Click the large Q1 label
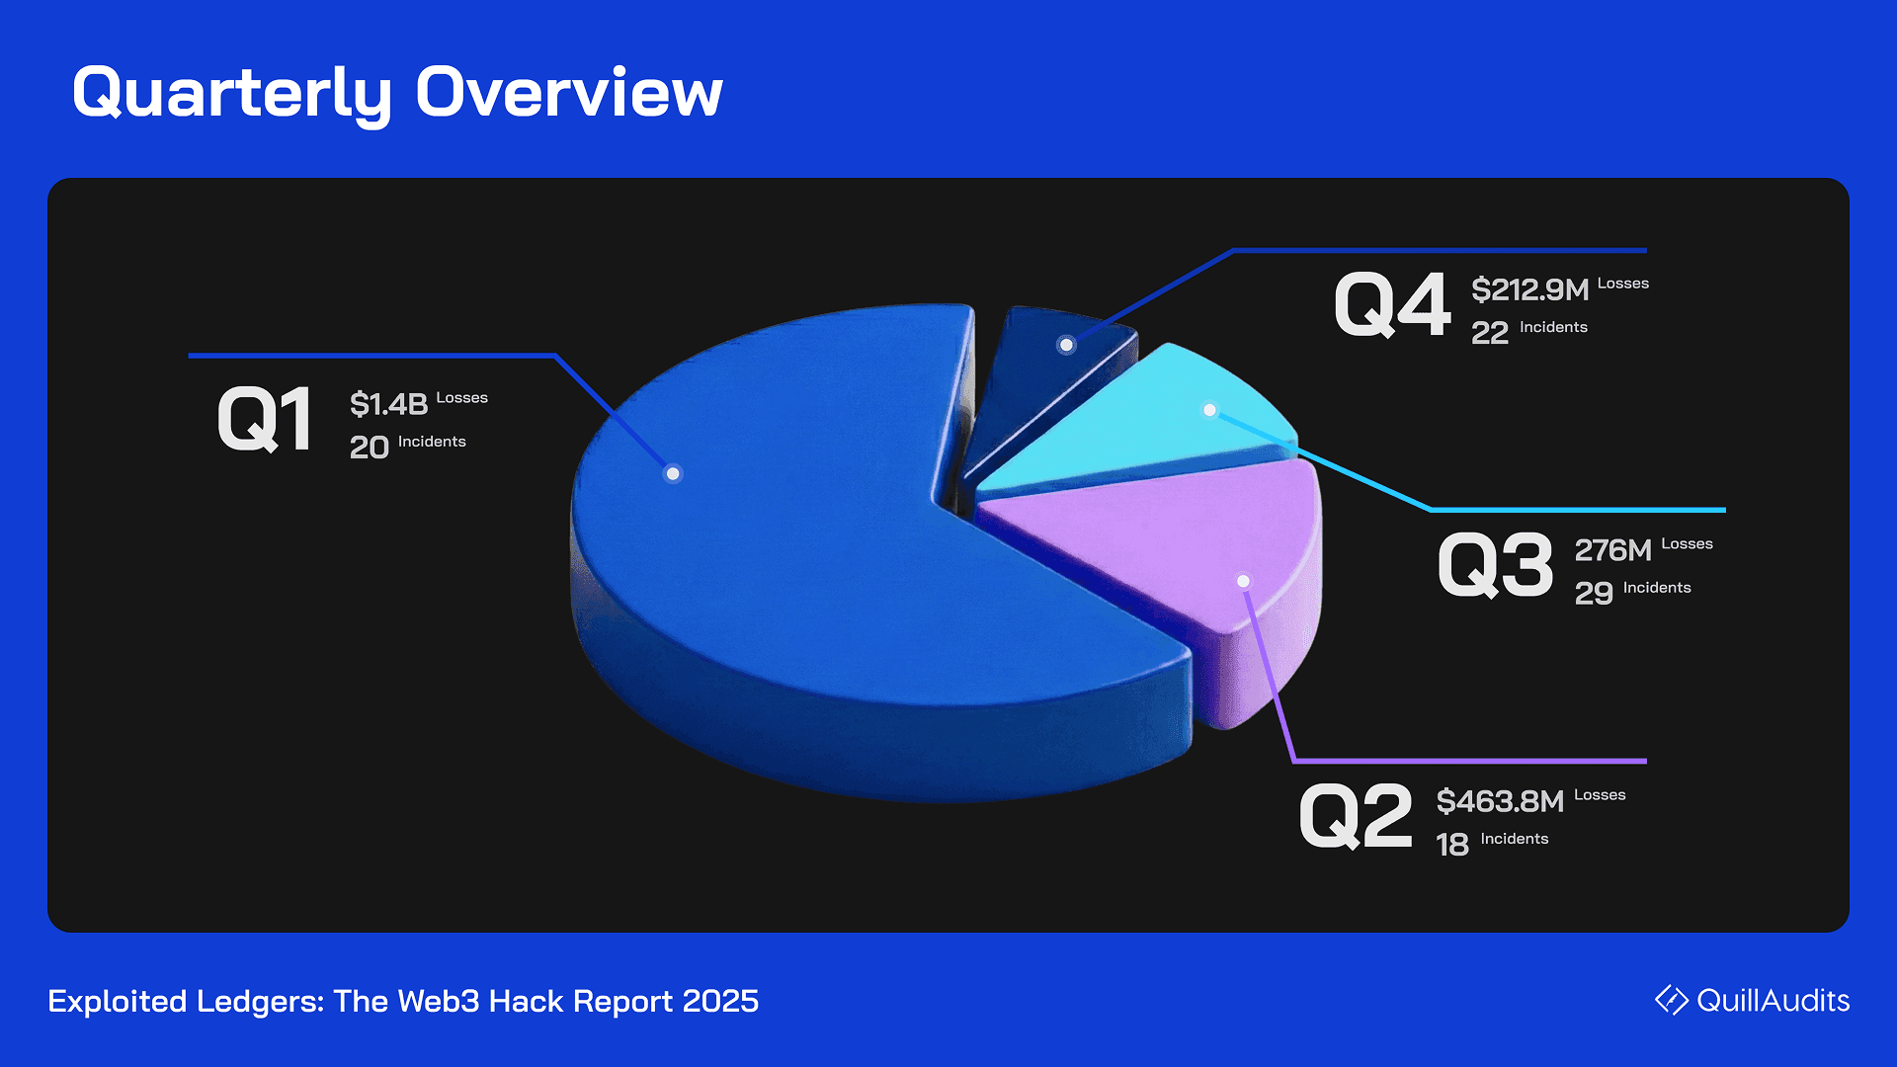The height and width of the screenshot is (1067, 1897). pyautogui.click(x=265, y=420)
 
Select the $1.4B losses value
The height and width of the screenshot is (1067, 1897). pyautogui.click(x=389, y=404)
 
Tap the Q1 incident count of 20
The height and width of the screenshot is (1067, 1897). pyautogui.click(x=370, y=448)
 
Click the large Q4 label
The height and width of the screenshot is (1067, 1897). pyautogui.click(x=1393, y=305)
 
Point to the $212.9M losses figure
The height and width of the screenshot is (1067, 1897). pyautogui.click(x=1530, y=289)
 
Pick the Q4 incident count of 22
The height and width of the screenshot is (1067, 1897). pyautogui.click(x=1490, y=333)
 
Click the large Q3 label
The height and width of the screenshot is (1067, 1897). pyautogui.click(x=1496, y=566)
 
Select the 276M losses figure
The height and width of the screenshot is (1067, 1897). pyautogui.click(x=1613, y=550)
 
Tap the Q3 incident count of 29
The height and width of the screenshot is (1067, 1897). pyautogui.click(x=1594, y=594)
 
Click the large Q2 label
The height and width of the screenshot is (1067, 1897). pyautogui.click(x=1357, y=817)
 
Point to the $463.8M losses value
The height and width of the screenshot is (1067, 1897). pyautogui.click(x=1501, y=801)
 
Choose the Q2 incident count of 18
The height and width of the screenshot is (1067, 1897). pyautogui.click(x=1452, y=845)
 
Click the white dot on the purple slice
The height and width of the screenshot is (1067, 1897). pyautogui.click(x=1244, y=581)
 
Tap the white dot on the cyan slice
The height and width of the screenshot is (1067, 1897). pyautogui.click(x=1209, y=409)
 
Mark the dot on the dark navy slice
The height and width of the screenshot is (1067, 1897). pyautogui.click(x=1066, y=345)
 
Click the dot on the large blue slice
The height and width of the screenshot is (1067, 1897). pyautogui.click(x=673, y=473)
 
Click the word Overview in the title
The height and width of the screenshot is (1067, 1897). pyautogui.click(x=569, y=93)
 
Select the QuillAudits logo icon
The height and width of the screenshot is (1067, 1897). pyautogui.click(x=1672, y=1000)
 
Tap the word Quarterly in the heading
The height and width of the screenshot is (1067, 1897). pyautogui.click(x=233, y=95)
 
